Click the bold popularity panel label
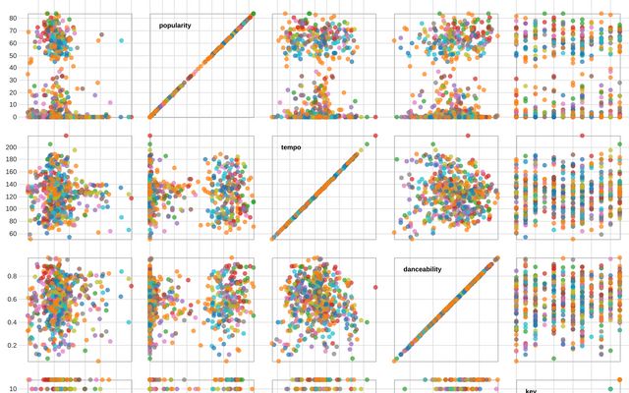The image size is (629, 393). tap(175, 26)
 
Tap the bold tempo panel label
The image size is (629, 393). tap(291, 147)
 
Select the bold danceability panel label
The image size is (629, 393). tap(422, 269)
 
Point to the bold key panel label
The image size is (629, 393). tap(531, 390)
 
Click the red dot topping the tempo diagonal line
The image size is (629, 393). tap(375, 135)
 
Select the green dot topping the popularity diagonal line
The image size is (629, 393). tap(253, 14)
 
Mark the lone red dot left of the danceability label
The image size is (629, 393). tap(375, 287)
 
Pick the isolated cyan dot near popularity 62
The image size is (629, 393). tap(121, 40)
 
